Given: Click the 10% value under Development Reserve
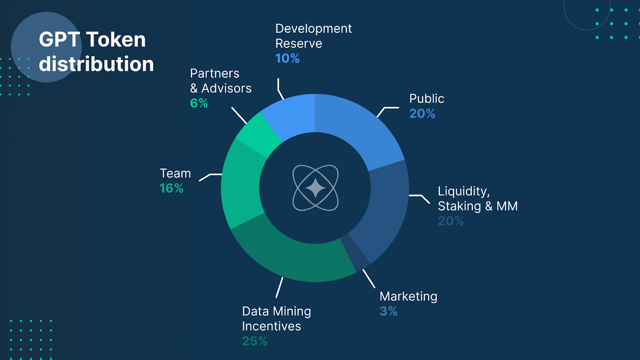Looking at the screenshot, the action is point(288,58).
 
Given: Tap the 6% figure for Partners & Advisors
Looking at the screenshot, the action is point(199,103).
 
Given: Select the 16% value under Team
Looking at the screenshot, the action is point(172,188).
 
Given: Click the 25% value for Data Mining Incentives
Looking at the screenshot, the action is point(254,341).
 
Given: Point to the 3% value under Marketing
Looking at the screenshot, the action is point(388,311).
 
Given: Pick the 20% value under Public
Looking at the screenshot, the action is point(422,114).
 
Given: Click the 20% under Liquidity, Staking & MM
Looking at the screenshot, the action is point(451,221).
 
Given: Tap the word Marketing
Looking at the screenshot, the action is point(408,296).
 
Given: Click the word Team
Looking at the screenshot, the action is point(175,174).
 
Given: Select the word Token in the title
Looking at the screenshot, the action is point(116,40).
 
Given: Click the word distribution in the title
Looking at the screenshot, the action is point(96,64).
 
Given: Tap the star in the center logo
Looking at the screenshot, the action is point(316,188).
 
